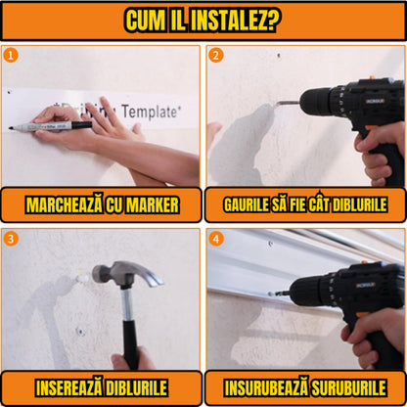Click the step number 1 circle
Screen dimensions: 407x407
(11, 55)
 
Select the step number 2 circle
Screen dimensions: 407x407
(216, 55)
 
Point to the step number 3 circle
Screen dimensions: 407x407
(11, 238)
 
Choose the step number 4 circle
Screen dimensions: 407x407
(216, 238)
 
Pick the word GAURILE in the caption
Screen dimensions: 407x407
(249, 205)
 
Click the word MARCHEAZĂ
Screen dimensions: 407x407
(61, 205)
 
